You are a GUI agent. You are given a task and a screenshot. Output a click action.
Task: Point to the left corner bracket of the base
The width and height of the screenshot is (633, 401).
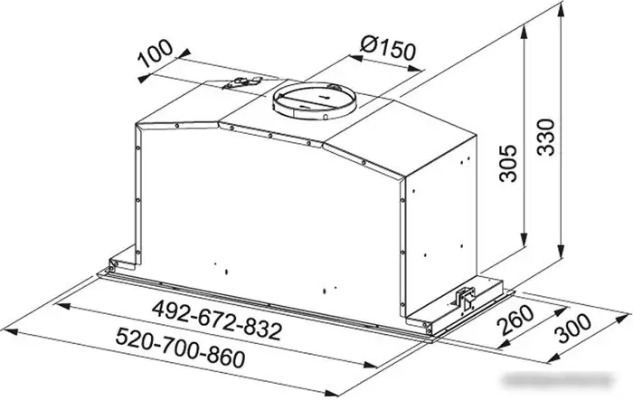pyautogui.click(x=111, y=263)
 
